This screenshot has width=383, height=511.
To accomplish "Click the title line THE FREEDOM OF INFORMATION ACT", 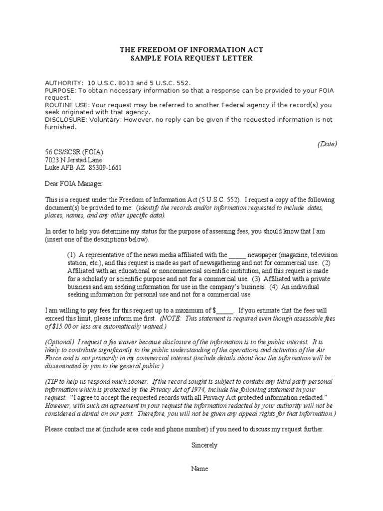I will [x=191, y=50].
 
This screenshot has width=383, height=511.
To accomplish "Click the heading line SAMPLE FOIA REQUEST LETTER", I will [x=191, y=58].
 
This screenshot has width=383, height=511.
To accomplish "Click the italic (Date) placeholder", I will [x=327, y=144].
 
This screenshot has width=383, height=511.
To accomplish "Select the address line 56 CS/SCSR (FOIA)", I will [x=75, y=153].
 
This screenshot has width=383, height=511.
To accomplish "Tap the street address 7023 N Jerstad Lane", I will [x=73, y=160].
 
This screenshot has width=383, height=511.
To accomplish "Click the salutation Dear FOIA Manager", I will [x=73, y=184].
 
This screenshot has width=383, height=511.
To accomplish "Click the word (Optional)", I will [x=60, y=342].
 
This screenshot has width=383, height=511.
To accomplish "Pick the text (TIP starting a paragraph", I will [x=52, y=381].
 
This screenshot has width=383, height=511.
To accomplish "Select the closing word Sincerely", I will [x=204, y=445].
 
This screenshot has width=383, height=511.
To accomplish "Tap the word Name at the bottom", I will [x=199, y=469].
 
